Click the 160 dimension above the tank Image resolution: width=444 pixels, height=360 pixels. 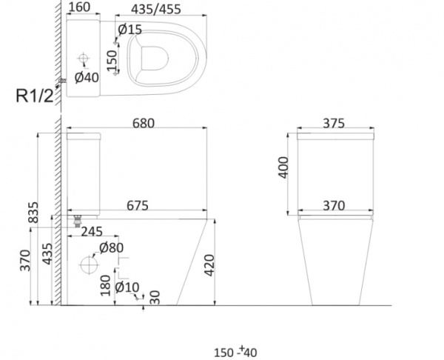point(79,7)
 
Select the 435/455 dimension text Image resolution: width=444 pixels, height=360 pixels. point(156,9)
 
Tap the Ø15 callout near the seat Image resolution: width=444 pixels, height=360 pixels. point(129,30)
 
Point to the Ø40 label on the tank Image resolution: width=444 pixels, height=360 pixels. point(87,77)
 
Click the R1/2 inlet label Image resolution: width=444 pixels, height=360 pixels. point(35,96)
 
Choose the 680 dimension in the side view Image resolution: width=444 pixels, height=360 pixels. point(144,123)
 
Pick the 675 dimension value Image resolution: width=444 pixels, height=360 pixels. point(138,205)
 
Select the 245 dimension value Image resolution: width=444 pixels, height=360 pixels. point(92,232)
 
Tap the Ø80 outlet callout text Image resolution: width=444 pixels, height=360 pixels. point(111,247)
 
